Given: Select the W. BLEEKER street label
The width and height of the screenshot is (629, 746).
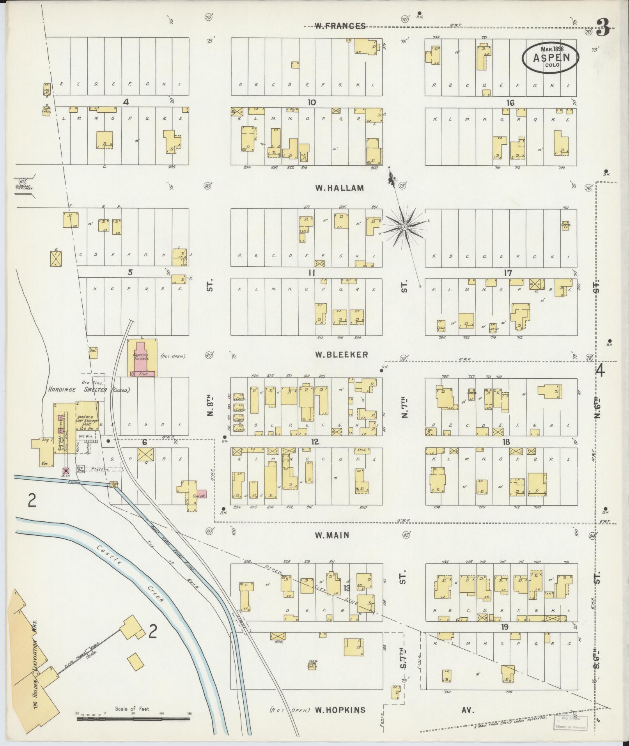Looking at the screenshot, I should pos(342,354).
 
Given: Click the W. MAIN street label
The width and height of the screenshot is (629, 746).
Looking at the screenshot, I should pos(332,535).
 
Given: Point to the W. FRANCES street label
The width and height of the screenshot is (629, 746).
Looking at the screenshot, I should pos(340,26).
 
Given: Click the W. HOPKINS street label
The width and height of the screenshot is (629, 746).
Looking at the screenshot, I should pos(340,710).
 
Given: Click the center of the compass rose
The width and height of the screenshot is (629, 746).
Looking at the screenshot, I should pos(404,227).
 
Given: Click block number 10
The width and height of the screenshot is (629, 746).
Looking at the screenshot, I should pos(311,103).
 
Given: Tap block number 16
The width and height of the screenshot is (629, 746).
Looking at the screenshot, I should pos(510,103).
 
